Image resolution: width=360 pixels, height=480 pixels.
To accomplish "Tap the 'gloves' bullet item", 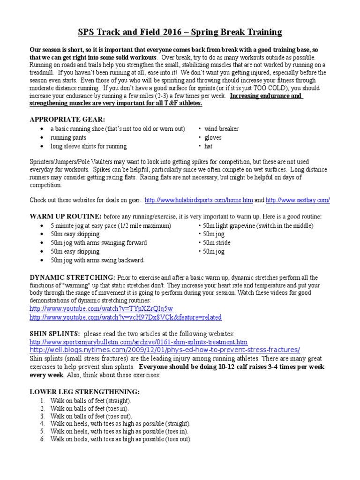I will pos(213,137).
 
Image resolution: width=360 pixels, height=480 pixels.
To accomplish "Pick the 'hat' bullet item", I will pos(209,146).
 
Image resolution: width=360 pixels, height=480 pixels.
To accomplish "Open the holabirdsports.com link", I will pos(199,200).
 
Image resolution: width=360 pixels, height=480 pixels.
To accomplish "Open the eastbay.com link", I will pos(297,200).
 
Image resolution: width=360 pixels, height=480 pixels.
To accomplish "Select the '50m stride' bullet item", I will pos(216,243).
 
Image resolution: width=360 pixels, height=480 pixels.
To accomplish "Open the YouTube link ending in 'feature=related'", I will pos(125,317).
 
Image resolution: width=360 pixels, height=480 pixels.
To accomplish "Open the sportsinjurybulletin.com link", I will pos(138,342).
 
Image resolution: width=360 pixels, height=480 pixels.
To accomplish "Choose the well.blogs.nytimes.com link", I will pos(164,350).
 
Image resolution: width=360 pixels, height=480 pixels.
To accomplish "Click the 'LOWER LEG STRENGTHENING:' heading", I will pos(84,391).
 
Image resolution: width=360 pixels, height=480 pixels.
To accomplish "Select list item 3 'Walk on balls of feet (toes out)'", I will pos(91,416).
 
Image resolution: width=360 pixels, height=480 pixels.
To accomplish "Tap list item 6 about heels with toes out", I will pos(121,440).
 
